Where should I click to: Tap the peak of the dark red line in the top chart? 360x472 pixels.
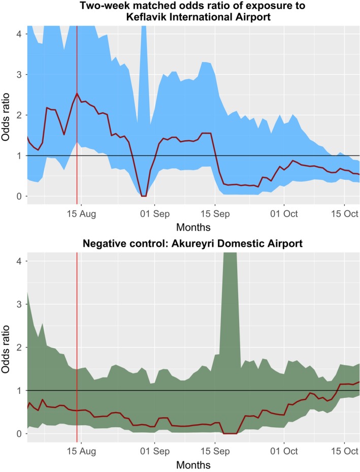coord(77,93)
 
